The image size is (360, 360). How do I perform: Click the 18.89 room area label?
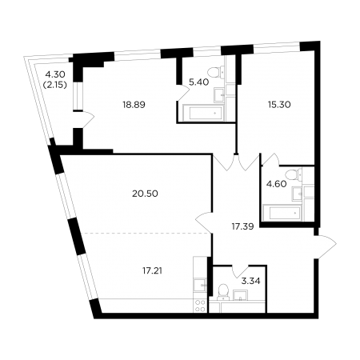[x=134, y=105]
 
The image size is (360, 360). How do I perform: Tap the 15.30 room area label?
[x=279, y=105]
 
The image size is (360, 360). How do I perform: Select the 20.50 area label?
[x=145, y=194]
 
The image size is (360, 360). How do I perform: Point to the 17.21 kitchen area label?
[x=152, y=271]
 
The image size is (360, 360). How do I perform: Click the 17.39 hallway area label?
[x=242, y=227]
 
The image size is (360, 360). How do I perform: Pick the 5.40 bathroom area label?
[x=198, y=82]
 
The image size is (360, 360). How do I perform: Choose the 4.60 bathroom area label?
[x=277, y=184]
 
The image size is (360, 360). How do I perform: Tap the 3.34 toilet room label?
[x=250, y=281]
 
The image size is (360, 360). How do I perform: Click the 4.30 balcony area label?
[x=55, y=74]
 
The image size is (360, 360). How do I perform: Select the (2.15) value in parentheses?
[x=55, y=85]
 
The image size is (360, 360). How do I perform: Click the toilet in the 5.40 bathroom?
[x=215, y=73]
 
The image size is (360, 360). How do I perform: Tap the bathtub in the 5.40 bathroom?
[x=203, y=113]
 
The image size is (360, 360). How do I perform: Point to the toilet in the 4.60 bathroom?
[x=293, y=174]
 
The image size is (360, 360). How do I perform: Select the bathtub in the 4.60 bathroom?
[x=282, y=213]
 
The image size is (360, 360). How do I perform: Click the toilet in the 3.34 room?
[x=223, y=292]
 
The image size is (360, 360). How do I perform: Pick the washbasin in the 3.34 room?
[x=241, y=295]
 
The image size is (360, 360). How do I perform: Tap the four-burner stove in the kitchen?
[x=200, y=306]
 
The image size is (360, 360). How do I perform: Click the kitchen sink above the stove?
[x=200, y=286]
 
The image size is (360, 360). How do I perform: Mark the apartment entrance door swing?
[x=326, y=243]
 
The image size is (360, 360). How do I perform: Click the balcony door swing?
[x=88, y=119]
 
